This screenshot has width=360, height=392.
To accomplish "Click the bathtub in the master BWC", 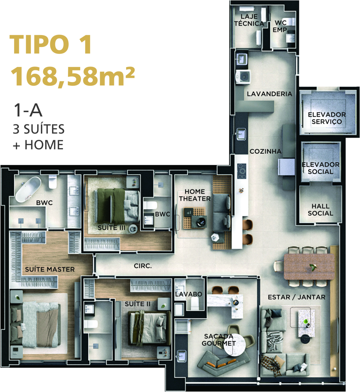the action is click(28, 189).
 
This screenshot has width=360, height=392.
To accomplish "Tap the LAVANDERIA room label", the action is click(269, 94).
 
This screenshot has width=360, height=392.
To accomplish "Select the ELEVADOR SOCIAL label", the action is click(321, 168).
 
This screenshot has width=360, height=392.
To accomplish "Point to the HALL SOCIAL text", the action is click(321, 210).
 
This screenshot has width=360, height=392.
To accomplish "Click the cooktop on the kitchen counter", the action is click(241, 171).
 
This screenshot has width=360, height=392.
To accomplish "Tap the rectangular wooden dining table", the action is click(309, 267).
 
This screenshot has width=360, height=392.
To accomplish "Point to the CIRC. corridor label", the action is click(143, 266).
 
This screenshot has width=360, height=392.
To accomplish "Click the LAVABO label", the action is click(189, 294).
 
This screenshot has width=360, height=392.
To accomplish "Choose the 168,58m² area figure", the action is click(72, 77).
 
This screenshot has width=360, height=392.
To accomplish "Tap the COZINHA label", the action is click(265, 151).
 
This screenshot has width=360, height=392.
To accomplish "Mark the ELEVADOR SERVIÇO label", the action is click(327, 118).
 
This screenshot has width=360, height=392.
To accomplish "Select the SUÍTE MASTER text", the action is click(50, 269).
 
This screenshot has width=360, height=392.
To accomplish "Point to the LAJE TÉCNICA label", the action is click(249, 20).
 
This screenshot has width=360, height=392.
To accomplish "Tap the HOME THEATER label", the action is click(194, 195).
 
